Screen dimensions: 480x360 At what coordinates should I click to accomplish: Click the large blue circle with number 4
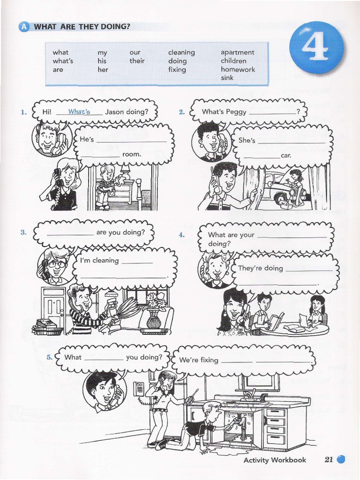pos(316,49)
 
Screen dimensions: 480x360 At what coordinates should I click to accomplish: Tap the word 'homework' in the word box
pos(238,69)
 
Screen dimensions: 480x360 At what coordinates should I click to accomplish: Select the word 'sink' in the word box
pos(227,78)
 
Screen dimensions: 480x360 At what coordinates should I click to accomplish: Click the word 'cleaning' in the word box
pos(181,52)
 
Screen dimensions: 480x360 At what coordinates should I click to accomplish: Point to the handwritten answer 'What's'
pos(79,112)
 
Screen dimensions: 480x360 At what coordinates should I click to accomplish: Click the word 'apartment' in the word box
pos(237,52)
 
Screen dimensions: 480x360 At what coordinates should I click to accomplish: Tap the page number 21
pos(329,460)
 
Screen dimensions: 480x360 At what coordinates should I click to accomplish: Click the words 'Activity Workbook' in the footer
pos(275,460)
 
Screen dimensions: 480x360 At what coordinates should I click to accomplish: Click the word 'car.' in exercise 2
pos(286,155)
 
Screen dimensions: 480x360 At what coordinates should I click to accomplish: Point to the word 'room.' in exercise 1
pos(132,154)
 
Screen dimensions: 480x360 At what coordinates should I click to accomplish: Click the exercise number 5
pos(49,357)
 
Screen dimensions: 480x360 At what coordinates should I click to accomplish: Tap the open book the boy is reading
pos(277,321)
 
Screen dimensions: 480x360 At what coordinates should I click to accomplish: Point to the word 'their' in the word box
pos(137,61)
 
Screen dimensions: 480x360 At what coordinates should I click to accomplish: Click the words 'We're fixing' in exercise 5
pos(199,360)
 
